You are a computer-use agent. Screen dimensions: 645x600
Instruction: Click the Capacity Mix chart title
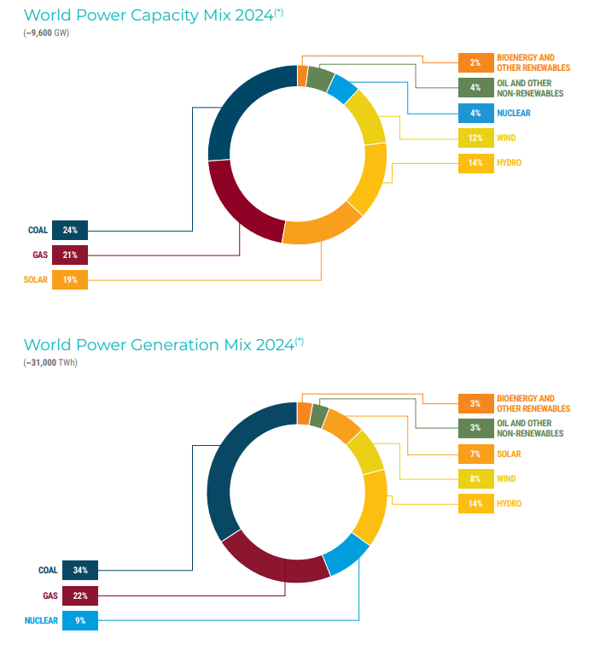click(149, 15)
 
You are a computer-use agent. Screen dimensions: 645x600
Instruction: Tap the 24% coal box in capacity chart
click(70, 230)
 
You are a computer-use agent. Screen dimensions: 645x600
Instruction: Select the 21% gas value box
click(70, 255)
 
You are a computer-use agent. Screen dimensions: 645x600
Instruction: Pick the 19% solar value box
click(70, 279)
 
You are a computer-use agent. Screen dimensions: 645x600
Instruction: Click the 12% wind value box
click(475, 138)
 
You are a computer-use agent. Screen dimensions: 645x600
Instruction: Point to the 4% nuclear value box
click(475, 113)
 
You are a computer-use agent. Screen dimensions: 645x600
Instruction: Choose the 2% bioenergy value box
click(475, 62)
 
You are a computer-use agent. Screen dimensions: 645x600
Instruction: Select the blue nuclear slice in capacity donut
click(342, 88)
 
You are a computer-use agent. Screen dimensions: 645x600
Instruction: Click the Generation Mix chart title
click(160, 345)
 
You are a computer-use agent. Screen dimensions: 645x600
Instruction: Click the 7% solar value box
click(475, 454)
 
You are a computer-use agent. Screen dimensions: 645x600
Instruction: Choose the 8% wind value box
click(475, 479)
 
